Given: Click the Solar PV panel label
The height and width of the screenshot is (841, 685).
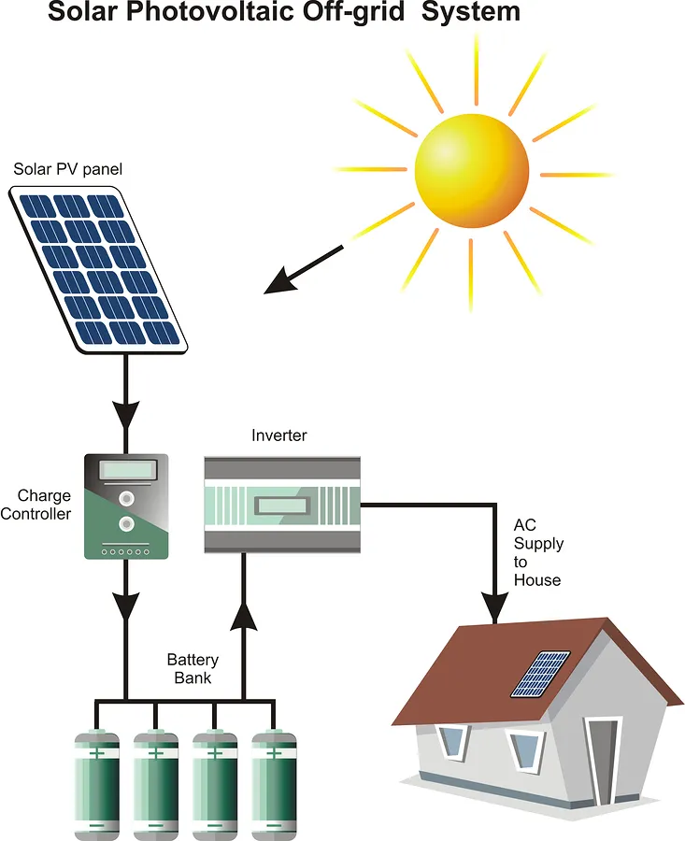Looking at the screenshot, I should click(x=67, y=169).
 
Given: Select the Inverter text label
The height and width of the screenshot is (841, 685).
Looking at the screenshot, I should click(x=278, y=435).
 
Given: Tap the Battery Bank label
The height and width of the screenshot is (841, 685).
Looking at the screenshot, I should click(x=193, y=669).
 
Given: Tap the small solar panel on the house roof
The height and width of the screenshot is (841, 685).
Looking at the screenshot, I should click(x=541, y=674).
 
